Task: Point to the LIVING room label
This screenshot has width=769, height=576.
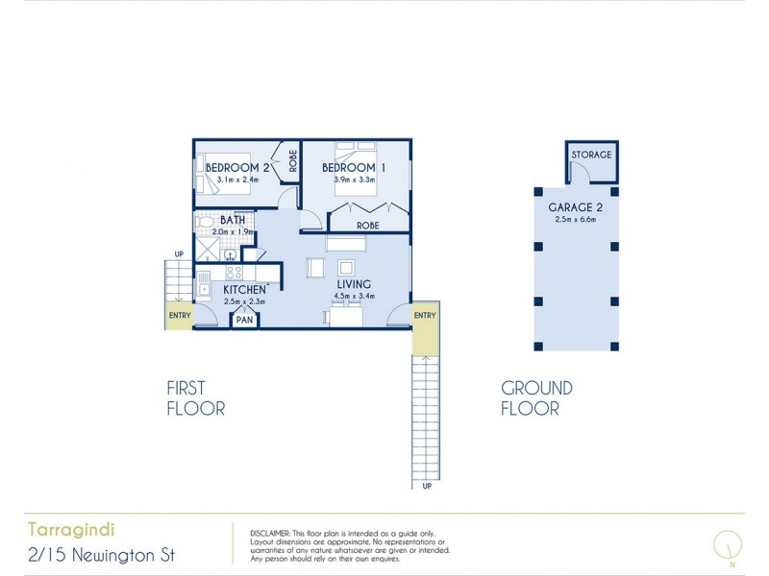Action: pyautogui.click(x=354, y=284)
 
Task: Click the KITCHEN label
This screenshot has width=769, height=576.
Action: pyautogui.click(x=244, y=289)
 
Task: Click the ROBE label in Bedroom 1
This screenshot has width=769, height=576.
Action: pyautogui.click(x=367, y=226)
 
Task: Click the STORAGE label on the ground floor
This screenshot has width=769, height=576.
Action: pyautogui.click(x=589, y=156)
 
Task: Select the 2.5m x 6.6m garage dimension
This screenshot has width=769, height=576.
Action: pyautogui.click(x=575, y=220)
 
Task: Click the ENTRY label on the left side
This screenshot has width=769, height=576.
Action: pyautogui.click(x=180, y=316)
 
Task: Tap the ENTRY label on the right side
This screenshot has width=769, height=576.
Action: pyautogui.click(x=425, y=316)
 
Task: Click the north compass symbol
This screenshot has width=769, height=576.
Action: pyautogui.click(x=728, y=543)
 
